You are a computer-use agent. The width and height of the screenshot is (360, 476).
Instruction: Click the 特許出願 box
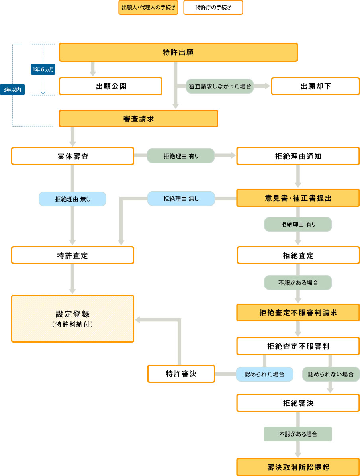[178, 52]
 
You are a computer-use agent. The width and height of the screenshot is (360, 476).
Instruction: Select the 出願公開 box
[111, 86]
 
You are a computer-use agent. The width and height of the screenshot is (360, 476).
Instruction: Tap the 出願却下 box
[315, 86]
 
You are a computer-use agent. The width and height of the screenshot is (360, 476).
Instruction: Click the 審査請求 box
[139, 118]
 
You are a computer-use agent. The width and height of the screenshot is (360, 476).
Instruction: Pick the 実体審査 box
[72, 156]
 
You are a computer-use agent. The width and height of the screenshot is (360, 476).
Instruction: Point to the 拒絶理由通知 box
[298, 156]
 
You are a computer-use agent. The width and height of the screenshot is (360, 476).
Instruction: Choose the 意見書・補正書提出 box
[298, 198]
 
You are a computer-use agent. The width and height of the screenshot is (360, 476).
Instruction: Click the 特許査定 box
[72, 255]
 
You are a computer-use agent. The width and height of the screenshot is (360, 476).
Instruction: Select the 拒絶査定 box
[298, 255]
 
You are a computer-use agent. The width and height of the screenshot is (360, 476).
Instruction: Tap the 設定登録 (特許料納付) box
[72, 318]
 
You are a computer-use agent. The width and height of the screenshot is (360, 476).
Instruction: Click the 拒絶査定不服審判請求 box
[298, 313]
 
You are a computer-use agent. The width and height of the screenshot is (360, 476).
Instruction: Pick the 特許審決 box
[181, 374]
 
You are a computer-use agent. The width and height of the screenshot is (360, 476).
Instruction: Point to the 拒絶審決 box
[298, 403]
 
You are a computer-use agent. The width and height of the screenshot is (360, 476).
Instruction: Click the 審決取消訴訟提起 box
[298, 467]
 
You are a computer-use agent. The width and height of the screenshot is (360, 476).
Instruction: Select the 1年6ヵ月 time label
[43, 69]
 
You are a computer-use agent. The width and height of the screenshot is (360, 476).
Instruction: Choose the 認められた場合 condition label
[264, 374]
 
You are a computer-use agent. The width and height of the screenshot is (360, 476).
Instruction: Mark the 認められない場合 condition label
[331, 374]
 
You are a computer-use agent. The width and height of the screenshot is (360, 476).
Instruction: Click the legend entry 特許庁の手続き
[213, 8]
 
